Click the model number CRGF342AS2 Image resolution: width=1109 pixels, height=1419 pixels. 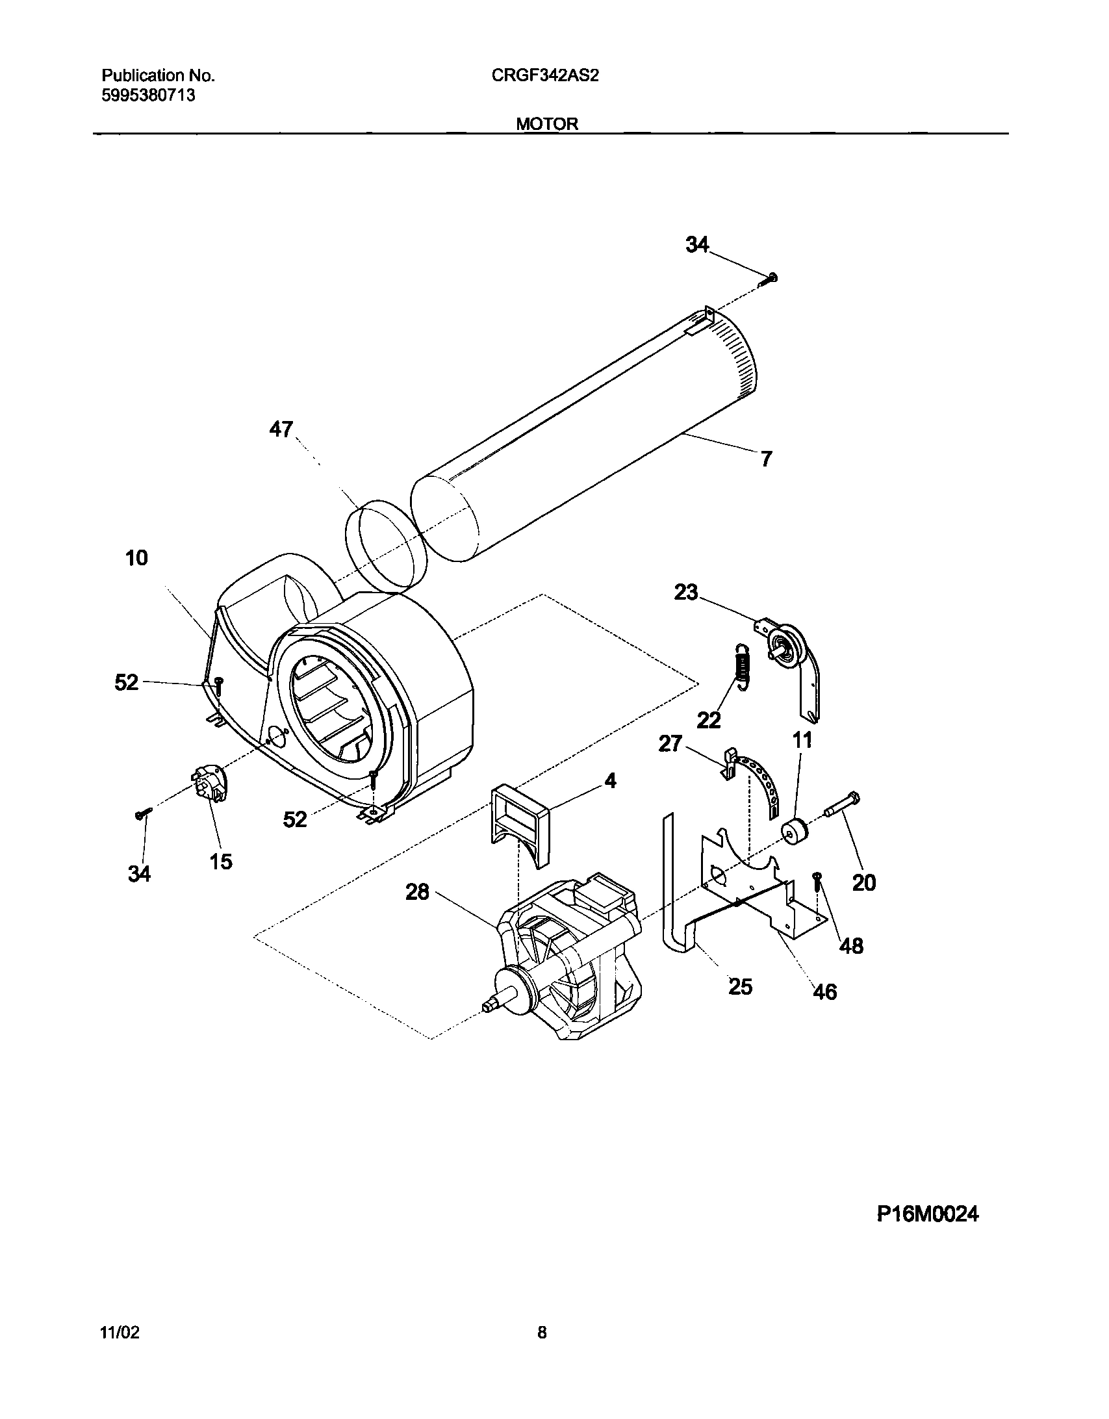pyautogui.click(x=545, y=75)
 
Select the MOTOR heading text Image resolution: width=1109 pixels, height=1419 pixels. pyautogui.click(x=547, y=123)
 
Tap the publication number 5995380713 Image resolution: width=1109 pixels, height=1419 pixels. pyautogui.click(x=148, y=96)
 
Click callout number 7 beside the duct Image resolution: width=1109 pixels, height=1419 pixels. pyautogui.click(x=767, y=459)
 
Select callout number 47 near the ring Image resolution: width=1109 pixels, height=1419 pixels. pyautogui.click(x=281, y=429)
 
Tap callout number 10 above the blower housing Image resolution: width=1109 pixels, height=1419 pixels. pyautogui.click(x=136, y=558)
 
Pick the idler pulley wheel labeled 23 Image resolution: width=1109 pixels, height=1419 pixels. pyautogui.click(x=787, y=643)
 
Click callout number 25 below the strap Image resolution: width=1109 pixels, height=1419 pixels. pyautogui.click(x=740, y=986)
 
